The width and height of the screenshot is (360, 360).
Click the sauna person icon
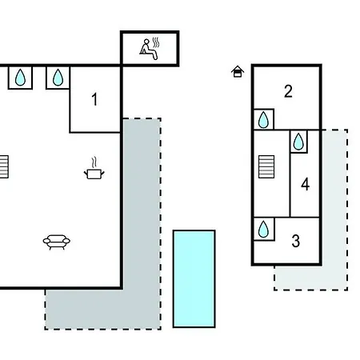tap(148, 50)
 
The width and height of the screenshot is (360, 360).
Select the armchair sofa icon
tap(57, 242)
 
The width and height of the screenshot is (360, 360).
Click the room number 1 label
tap(94, 99)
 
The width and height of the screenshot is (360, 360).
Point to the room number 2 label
tap(288, 91)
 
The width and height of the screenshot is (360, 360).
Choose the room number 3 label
tap(295, 241)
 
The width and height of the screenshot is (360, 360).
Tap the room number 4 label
tap(305, 184)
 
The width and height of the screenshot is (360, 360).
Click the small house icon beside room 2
tap(238, 71)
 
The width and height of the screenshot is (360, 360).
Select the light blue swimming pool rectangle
tap(194, 278)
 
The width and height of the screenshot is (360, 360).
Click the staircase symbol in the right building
tap(266, 166)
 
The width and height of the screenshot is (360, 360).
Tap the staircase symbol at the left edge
tap(4, 166)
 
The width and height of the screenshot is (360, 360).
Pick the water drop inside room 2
tap(263, 120)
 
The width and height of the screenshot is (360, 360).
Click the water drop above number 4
tap(298, 142)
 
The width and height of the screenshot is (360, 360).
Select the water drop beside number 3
tap(263, 229)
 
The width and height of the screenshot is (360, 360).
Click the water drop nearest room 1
tap(58, 78)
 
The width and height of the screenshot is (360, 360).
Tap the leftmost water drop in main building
tap(20, 78)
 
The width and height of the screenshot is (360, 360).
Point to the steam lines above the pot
tap(94, 162)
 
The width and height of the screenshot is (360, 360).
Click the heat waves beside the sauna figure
tap(156, 42)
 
